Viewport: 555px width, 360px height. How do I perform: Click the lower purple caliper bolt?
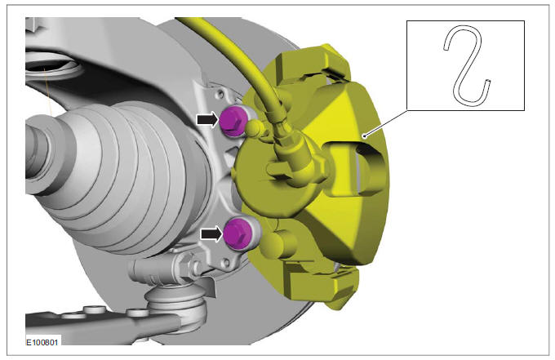tap(238, 233)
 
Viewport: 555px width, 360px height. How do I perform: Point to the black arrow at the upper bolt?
tap(208, 120)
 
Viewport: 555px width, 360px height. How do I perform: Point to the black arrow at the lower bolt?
tap(211, 233)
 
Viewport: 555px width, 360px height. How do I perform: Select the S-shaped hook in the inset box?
tap(467, 66)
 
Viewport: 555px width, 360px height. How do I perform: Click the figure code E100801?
tap(42, 342)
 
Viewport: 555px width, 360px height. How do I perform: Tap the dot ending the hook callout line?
tap(365, 136)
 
